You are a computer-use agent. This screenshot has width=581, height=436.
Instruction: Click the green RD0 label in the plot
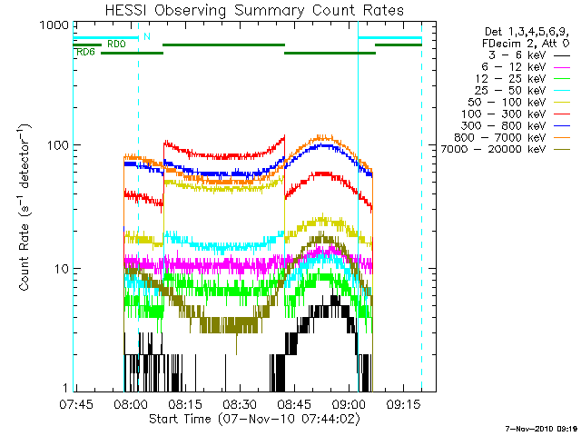(116, 44)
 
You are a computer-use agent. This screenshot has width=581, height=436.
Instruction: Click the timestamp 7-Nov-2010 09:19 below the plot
(542, 427)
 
